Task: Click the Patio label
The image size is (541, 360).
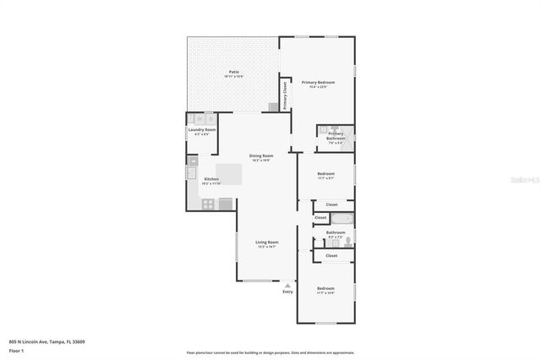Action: pyautogui.click(x=234, y=73)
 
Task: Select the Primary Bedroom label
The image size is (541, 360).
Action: pyautogui.click(x=318, y=83)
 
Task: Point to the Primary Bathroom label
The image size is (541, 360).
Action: pyautogui.click(x=336, y=136)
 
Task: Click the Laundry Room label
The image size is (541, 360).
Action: pyautogui.click(x=202, y=130)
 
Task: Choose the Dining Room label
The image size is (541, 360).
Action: pyautogui.click(x=261, y=156)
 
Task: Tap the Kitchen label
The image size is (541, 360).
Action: pyautogui.click(x=211, y=179)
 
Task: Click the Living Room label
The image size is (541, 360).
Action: pyautogui.click(x=267, y=243)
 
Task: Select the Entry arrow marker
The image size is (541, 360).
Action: pyautogui.click(x=287, y=286)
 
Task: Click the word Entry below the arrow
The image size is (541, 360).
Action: pyautogui.click(x=287, y=292)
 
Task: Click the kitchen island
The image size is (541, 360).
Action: pyautogui.click(x=229, y=174)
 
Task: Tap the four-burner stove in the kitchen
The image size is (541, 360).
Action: pyautogui.click(x=206, y=203)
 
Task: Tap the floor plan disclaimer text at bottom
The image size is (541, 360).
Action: pyautogui.click(x=270, y=352)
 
